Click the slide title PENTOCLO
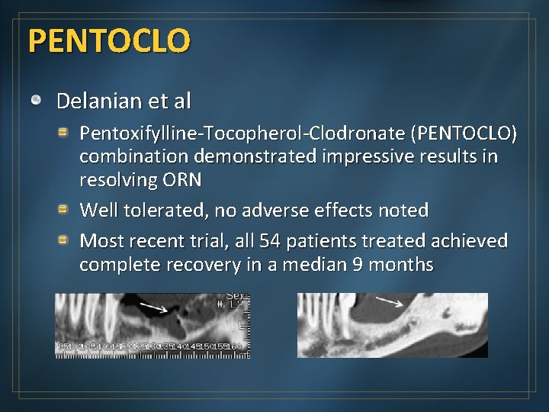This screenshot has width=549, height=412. (x=108, y=40)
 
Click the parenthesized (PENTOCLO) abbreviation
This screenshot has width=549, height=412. (x=464, y=134)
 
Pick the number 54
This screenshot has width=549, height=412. (x=270, y=241)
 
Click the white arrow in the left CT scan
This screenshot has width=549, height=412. (x=156, y=307)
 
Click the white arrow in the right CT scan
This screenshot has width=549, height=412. (x=390, y=302)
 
